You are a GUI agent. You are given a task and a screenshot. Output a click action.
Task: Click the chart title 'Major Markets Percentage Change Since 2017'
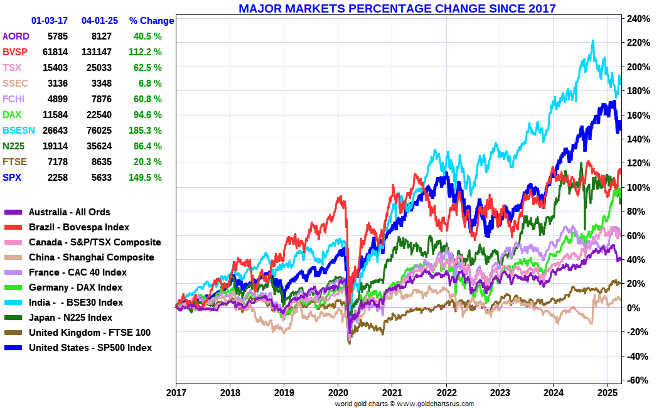[397, 8]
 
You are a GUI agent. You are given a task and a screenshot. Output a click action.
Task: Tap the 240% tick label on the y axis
[636, 19]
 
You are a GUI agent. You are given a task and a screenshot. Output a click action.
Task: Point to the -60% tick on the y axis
[636, 380]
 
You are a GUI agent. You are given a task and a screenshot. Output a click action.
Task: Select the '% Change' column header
[151, 21]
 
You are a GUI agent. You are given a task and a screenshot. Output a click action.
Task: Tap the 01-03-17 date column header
[50, 21]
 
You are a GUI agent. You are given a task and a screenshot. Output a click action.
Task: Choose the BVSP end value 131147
[97, 51]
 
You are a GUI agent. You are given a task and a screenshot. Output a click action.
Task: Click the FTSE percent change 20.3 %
[148, 161]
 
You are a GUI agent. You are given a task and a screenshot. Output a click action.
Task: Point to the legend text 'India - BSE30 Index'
[76, 303]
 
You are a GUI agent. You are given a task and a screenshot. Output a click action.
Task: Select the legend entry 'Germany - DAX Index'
[75, 287]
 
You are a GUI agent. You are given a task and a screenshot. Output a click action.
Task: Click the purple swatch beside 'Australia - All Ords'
[14, 212]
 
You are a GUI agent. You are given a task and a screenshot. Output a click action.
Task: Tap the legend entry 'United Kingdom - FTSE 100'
[90, 333]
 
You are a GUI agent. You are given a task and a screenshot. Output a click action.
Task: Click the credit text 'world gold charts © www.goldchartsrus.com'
[404, 404]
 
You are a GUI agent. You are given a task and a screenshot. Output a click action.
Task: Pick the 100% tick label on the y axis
[636, 188]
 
